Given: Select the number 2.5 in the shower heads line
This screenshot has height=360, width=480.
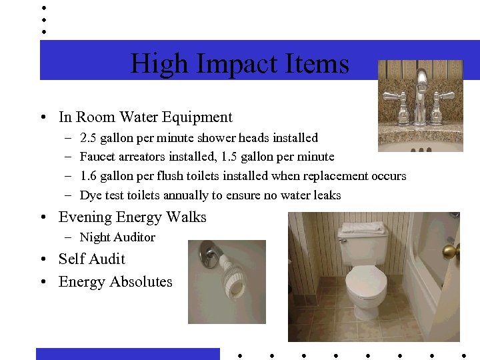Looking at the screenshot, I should (x=87, y=138).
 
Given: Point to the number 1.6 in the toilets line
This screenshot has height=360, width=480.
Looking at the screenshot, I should (x=87, y=176).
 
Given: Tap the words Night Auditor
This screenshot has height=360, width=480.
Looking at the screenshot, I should (x=117, y=237).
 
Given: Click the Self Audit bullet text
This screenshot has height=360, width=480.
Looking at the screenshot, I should (x=92, y=259).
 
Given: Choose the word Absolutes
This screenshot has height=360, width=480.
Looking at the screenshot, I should (x=141, y=282).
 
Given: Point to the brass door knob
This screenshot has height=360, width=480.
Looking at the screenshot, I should (x=451, y=251).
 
